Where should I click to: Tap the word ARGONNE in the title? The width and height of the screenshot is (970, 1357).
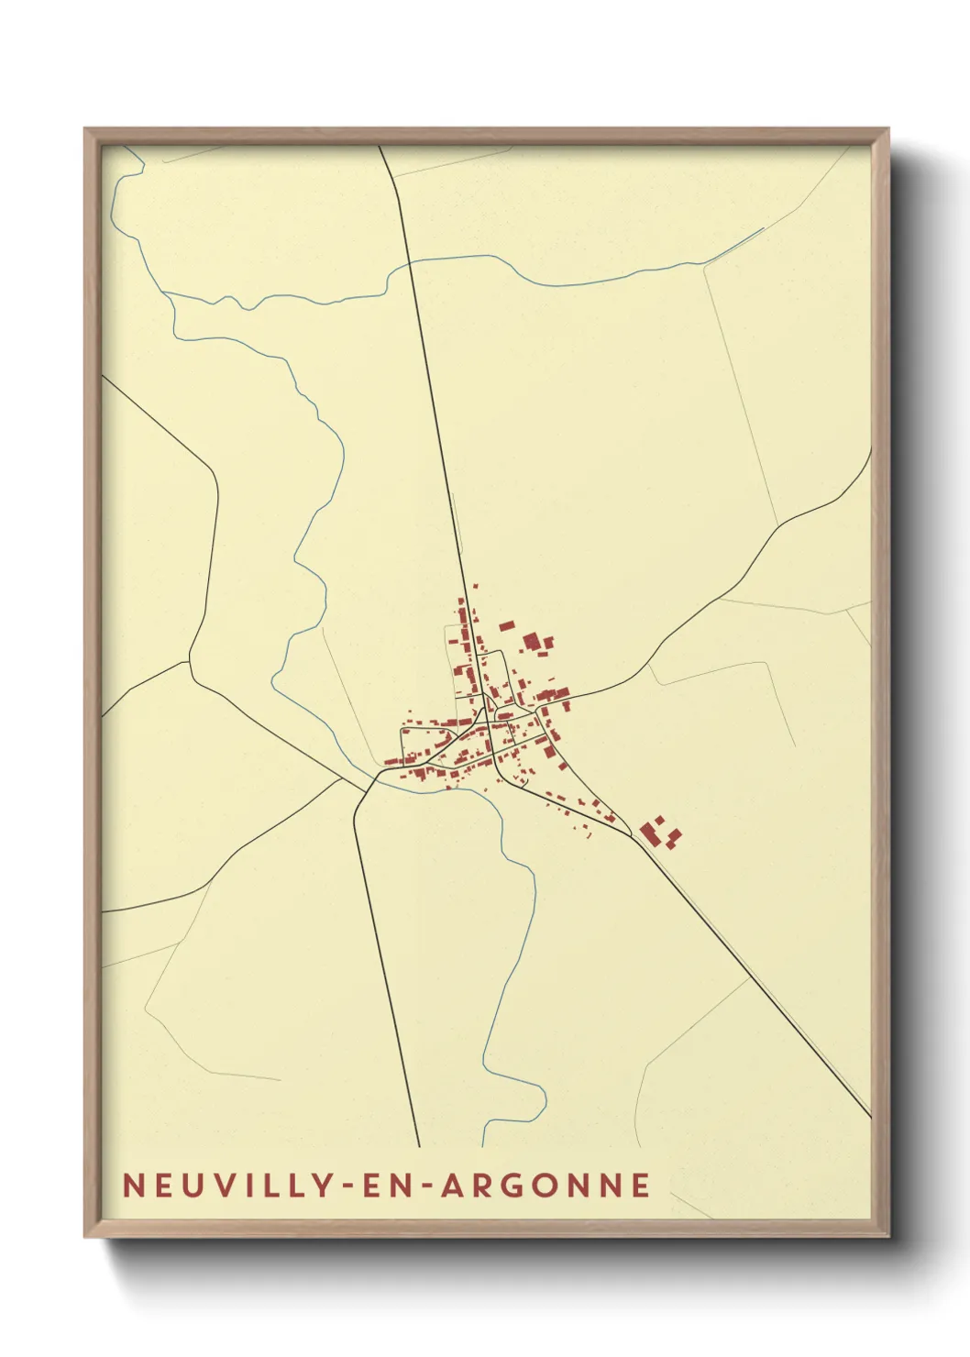tap(546, 1185)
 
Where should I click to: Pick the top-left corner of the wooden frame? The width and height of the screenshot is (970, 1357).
tap(85, 129)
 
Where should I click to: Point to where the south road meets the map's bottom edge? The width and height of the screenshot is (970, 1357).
tap(419, 1146)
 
